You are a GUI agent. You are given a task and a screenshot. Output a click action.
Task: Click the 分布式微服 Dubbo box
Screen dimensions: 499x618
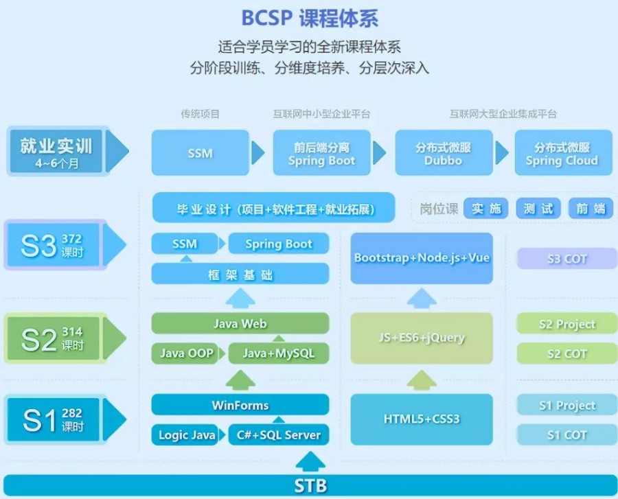tap(443, 153)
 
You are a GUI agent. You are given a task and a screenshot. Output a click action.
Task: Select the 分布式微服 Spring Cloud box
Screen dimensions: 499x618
tap(561, 153)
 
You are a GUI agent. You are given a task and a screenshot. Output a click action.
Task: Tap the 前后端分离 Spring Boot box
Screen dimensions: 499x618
tap(321, 153)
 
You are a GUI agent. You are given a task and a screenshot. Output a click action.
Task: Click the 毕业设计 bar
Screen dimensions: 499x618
tap(273, 209)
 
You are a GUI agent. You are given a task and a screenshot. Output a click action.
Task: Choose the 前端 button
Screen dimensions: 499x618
tap(590, 209)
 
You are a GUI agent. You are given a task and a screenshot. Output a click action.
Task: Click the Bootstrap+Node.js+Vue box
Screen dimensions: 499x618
tap(422, 258)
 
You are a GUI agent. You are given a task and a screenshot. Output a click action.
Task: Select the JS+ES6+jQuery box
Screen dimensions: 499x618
tap(422, 338)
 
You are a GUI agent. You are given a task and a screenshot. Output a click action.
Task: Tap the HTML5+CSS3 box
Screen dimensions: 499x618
tap(422, 419)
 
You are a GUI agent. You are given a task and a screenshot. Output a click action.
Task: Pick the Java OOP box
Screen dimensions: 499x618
tap(186, 353)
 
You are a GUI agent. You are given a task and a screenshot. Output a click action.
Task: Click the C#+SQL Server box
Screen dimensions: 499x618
tap(278, 435)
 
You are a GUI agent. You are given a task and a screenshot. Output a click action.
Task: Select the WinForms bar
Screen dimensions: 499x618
tap(240, 405)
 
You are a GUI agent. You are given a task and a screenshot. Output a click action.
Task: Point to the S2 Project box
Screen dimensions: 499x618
tap(566, 324)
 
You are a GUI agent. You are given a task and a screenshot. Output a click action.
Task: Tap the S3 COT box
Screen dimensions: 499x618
tap(566, 259)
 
